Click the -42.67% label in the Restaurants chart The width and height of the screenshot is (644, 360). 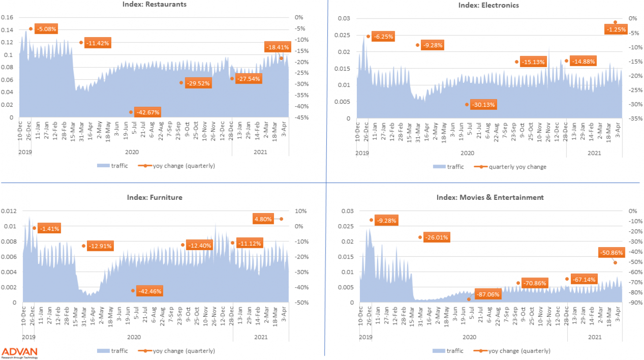click(x=148, y=112)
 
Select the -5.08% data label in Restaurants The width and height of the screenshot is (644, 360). click(x=46, y=29)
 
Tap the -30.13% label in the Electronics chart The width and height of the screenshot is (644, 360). click(x=484, y=105)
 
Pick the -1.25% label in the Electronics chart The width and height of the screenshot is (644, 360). click(x=616, y=30)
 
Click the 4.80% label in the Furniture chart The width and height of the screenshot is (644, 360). click(x=263, y=219)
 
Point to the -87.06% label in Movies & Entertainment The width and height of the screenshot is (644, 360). click(x=488, y=294)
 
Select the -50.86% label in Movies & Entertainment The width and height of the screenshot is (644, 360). click(x=612, y=253)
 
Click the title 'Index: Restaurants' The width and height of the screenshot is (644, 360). click(x=154, y=4)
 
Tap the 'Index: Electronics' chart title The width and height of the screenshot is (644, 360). click(x=488, y=5)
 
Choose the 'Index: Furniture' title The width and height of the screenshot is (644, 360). click(x=154, y=197)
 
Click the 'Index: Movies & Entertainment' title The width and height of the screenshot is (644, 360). click(x=490, y=197)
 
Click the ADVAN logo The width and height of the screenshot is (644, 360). click(x=19, y=352)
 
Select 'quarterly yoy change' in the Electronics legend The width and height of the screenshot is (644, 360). click(x=517, y=167)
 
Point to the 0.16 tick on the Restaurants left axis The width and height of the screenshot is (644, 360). click(x=7, y=17)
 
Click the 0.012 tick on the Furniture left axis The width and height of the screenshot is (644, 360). click(x=9, y=211)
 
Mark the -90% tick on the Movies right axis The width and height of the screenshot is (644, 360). click(x=635, y=303)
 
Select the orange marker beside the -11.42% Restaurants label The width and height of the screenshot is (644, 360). click(x=81, y=43)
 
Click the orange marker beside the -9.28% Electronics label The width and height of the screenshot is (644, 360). click(x=418, y=45)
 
